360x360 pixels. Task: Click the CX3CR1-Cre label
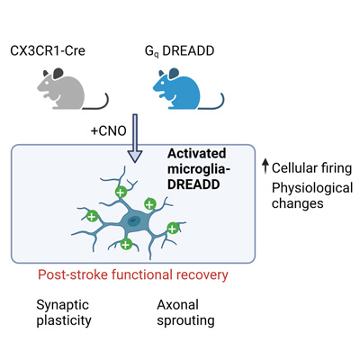[x=48, y=50]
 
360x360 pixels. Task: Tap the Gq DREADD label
[x=179, y=51]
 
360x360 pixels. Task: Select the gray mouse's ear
[x=58, y=73]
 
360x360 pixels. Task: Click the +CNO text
[x=108, y=131]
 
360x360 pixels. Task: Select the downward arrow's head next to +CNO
[x=135, y=157]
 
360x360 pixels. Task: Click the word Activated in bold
[x=196, y=154]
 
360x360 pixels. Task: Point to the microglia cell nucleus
[x=132, y=221]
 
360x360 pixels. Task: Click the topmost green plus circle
[x=121, y=192]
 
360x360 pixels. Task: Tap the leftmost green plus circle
[x=92, y=216]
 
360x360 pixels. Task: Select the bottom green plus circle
[x=126, y=244]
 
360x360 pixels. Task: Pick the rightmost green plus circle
[x=173, y=229]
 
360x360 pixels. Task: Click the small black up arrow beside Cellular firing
[x=265, y=166]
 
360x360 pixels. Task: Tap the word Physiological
[x=312, y=188]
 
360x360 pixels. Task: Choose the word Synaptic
[x=63, y=305]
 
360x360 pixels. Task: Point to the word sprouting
[x=185, y=320]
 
